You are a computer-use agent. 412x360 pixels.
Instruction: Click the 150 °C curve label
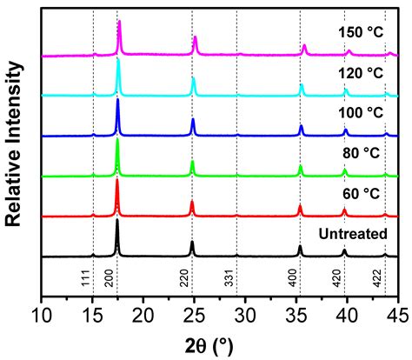coord(361,32)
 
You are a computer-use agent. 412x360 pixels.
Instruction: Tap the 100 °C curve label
coord(361,112)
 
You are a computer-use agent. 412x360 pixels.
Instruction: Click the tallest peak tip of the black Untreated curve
coord(117,220)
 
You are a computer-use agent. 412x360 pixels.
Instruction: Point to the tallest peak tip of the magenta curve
coord(119,21)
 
